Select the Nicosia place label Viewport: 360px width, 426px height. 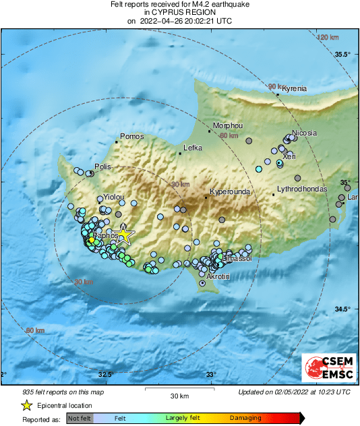[304, 133]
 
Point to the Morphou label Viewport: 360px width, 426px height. [227, 125]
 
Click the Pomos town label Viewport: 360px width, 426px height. [132, 136]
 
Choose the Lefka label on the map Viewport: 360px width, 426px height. [193, 148]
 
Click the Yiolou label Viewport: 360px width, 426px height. [114, 197]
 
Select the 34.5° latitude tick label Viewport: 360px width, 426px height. [344, 309]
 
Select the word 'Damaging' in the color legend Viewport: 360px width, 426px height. [244, 418]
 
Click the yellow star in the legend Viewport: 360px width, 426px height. [26, 405]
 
